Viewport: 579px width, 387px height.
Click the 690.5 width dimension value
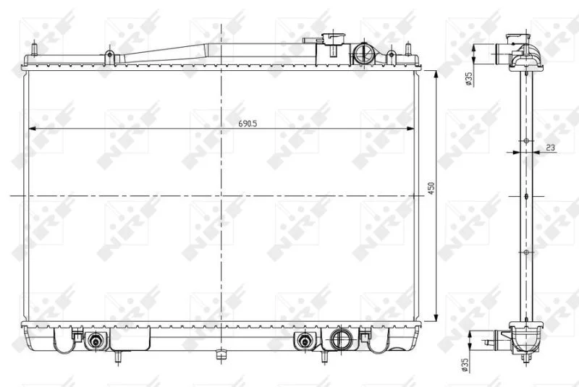pos(248,124)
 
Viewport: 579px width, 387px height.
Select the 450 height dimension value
pos(431,188)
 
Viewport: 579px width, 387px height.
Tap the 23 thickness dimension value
pos(550,148)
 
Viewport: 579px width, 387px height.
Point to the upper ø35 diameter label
pos(469,80)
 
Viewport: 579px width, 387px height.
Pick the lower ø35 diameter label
pos(465,365)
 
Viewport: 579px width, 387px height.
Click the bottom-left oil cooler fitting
pos(96,341)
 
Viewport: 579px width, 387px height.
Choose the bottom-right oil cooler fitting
pos(304,341)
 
